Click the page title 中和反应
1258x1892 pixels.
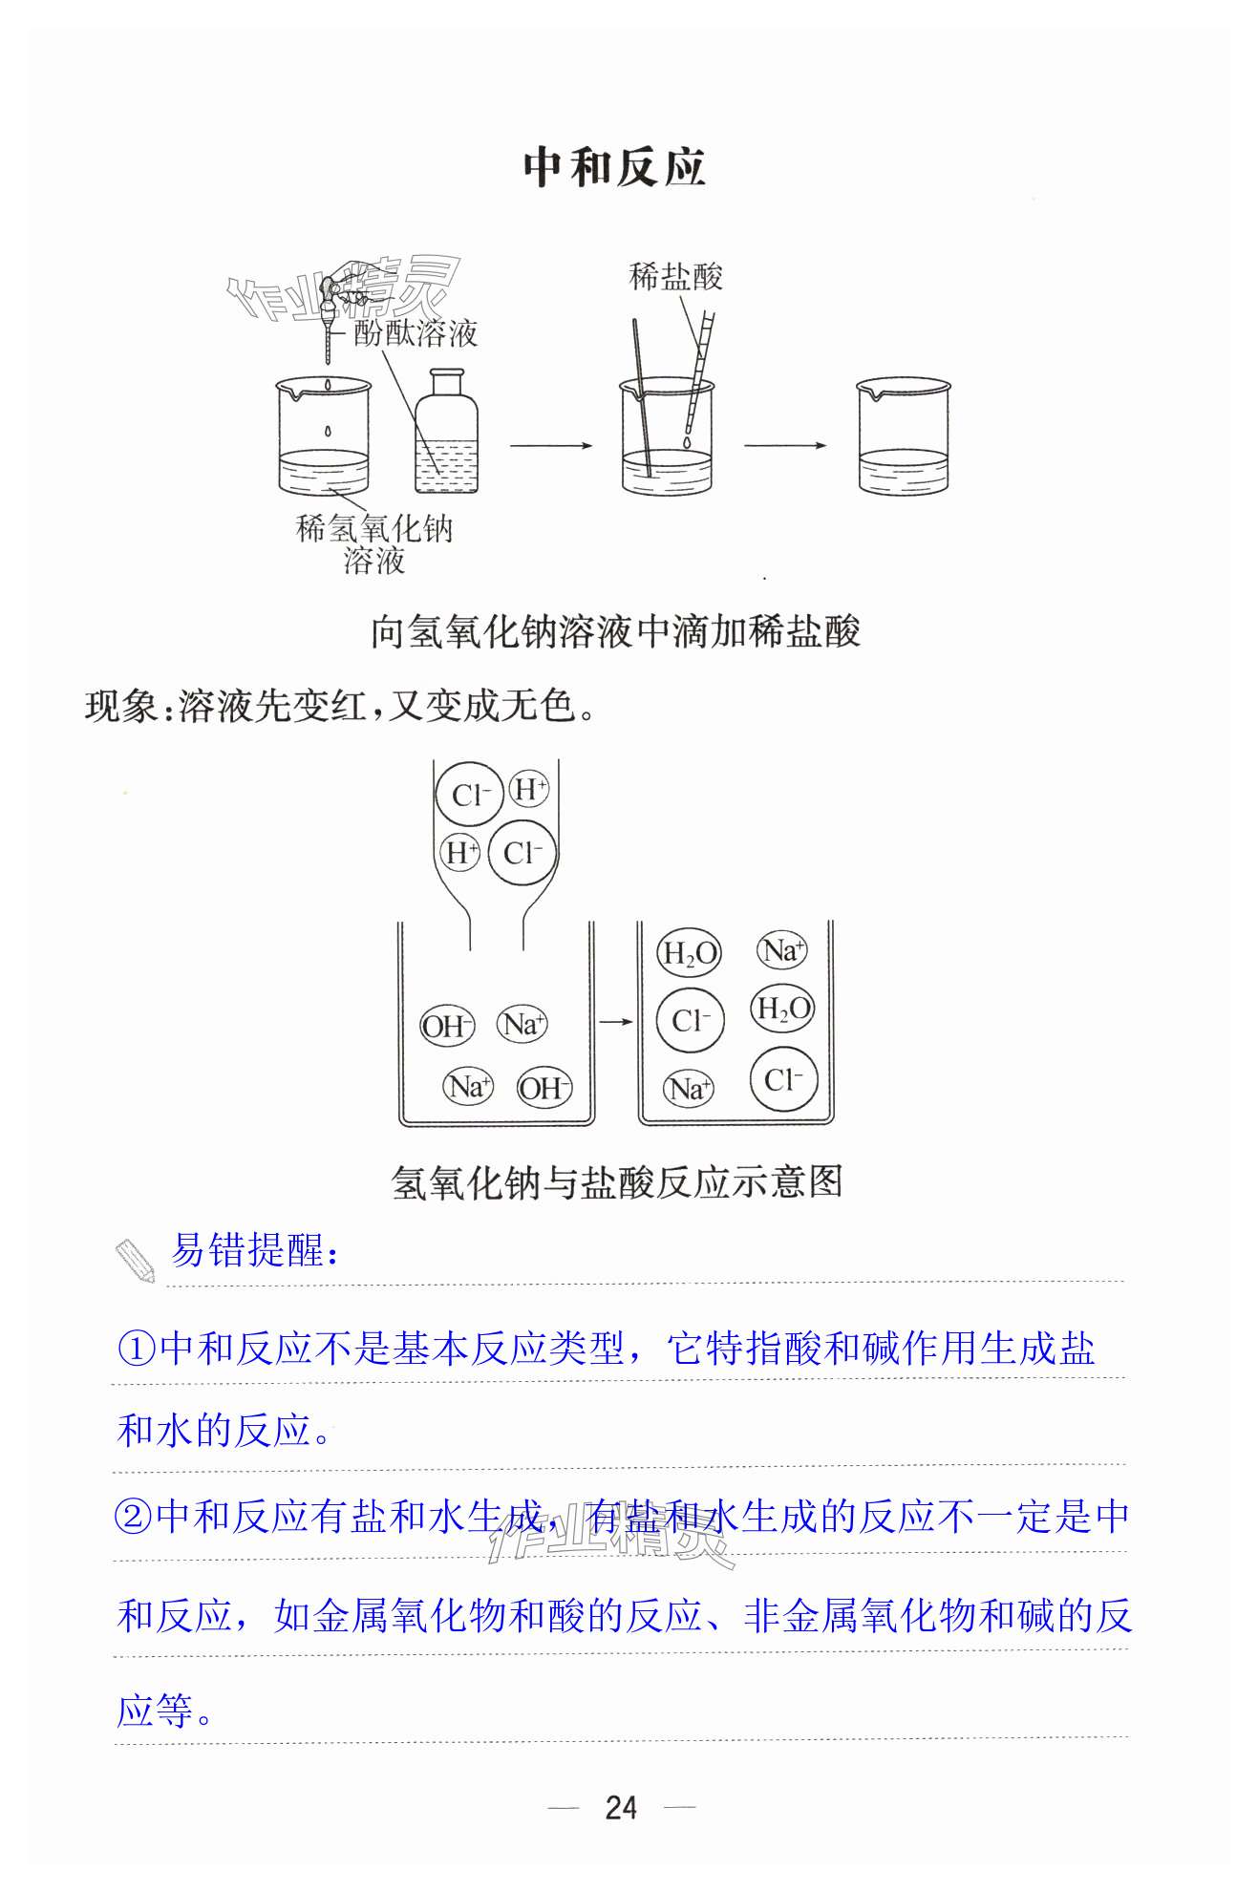614,168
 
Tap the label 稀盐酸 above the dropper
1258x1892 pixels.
676,277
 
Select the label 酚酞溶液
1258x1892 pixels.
416,333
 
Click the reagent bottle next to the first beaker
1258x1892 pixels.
446,432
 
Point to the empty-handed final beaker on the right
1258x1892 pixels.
904,436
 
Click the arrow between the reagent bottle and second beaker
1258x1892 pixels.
551,445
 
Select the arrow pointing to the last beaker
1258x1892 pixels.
785,445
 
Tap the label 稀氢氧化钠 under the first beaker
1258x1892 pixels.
374,528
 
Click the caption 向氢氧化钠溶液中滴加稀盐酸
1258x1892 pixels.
616,632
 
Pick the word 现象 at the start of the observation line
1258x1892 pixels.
121,707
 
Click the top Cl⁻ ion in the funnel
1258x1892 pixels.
469,795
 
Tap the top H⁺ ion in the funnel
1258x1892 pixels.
529,790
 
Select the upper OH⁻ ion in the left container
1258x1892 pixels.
447,1027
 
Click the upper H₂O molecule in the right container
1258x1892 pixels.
689,953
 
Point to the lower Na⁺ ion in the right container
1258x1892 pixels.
689,1089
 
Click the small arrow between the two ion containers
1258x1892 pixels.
616,1022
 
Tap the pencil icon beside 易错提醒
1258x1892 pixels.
136,1261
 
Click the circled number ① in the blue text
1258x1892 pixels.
137,1349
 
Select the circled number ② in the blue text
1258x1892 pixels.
134,1517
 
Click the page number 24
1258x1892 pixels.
621,1807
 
